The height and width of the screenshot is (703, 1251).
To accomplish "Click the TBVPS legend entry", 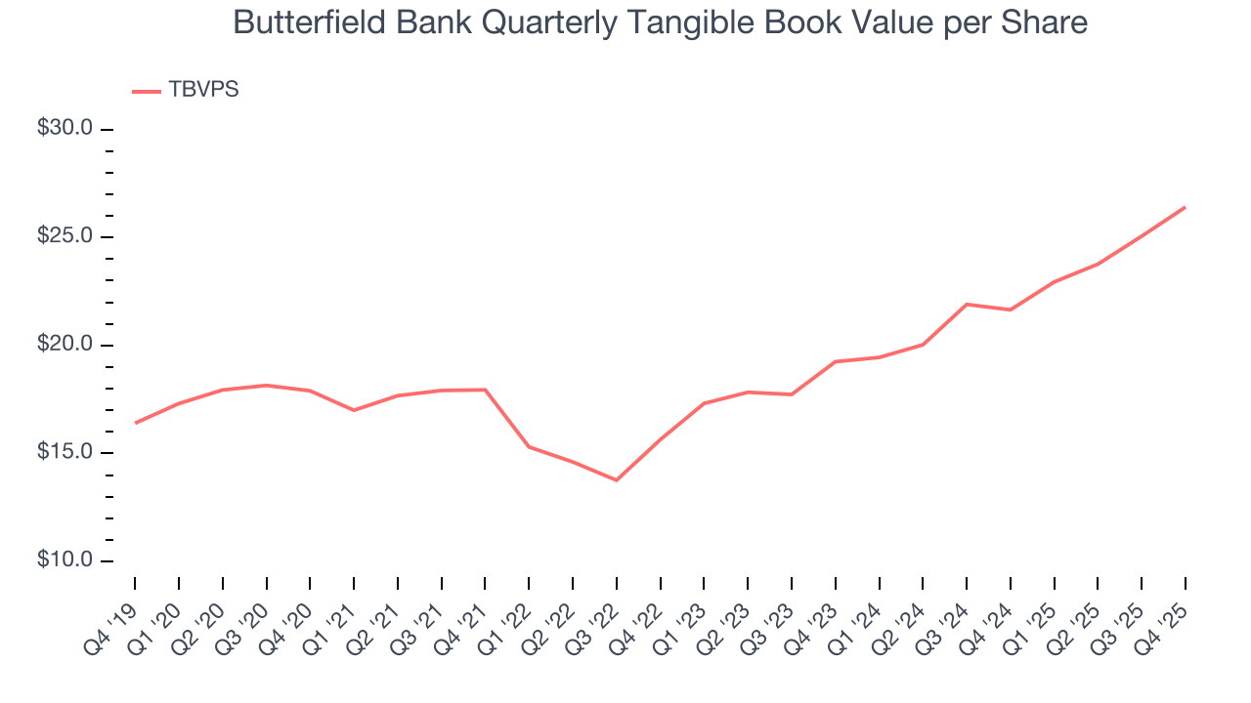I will (x=203, y=90).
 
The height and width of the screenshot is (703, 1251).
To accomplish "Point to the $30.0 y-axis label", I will (x=65, y=129).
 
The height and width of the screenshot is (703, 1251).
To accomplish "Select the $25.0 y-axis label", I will (x=65, y=237).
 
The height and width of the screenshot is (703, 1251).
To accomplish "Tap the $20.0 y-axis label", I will (x=65, y=345).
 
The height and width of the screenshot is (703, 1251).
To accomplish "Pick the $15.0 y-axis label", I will (x=65, y=453).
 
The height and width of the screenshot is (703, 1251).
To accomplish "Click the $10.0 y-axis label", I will (x=65, y=560).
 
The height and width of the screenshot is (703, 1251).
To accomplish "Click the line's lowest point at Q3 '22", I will (x=617, y=479).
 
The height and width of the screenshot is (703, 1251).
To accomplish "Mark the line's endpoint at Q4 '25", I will (x=1185, y=207).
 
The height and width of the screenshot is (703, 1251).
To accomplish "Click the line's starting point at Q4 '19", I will (x=135, y=423).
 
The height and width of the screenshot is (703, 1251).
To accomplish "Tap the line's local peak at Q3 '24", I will (x=966, y=305).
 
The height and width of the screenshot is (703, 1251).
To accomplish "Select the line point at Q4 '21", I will (x=485, y=390).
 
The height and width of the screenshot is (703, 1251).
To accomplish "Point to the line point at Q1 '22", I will (x=529, y=446).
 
